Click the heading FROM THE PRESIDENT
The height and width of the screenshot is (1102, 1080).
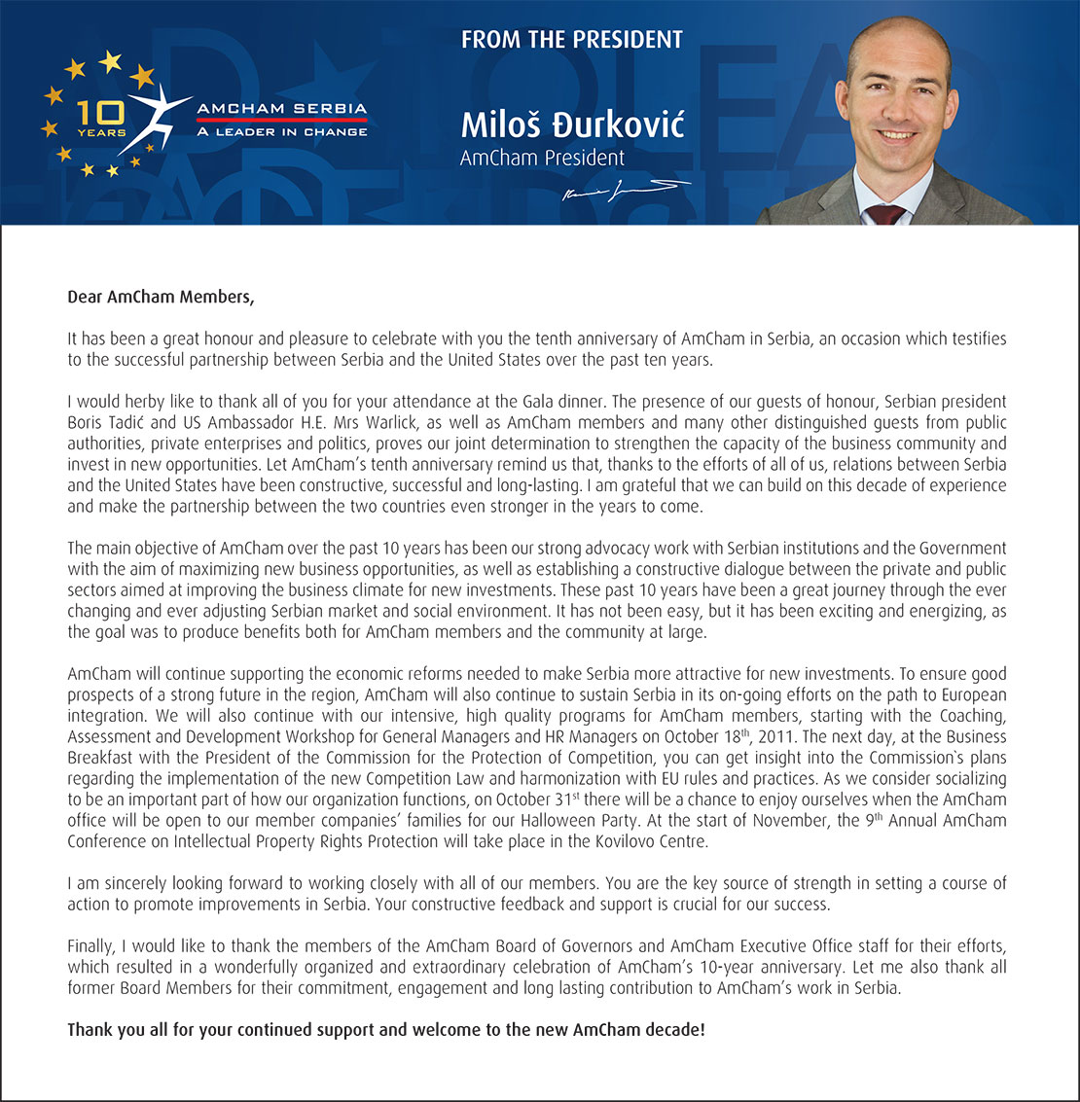coord(571,40)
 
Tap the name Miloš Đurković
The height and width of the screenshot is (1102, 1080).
coord(572,125)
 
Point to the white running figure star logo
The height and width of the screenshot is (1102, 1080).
coord(151,115)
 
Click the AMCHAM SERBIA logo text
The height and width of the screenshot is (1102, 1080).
coord(282,108)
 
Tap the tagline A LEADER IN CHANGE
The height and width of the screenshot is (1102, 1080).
coord(282,131)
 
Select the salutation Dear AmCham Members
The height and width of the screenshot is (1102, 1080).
coord(161,297)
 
